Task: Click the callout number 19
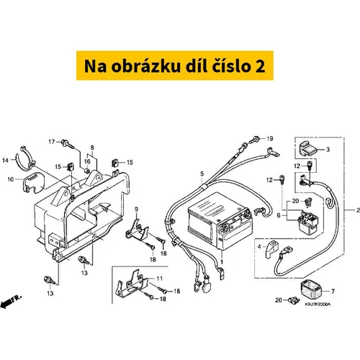270,138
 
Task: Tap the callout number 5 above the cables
202,174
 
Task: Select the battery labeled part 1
220,221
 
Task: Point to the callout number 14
5,161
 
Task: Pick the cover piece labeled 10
33,184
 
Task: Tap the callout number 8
92,148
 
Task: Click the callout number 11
160,279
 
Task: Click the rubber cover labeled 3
308,149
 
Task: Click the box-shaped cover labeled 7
310,291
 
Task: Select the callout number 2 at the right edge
358,210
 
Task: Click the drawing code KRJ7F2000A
318,305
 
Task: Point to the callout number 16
87,161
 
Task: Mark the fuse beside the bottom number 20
294,300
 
